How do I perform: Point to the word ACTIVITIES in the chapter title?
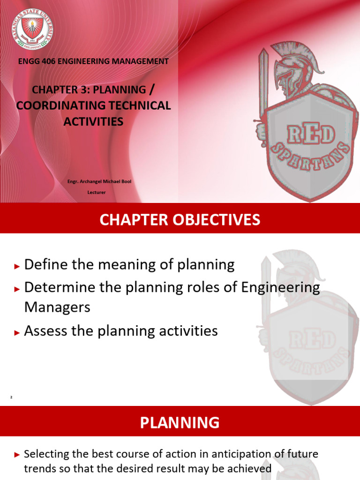93,122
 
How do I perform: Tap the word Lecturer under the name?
97,192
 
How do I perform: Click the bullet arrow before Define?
17,266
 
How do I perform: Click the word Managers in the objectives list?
57,307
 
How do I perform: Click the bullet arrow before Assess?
17,332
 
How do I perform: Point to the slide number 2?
11,397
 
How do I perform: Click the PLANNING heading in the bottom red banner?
180,422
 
